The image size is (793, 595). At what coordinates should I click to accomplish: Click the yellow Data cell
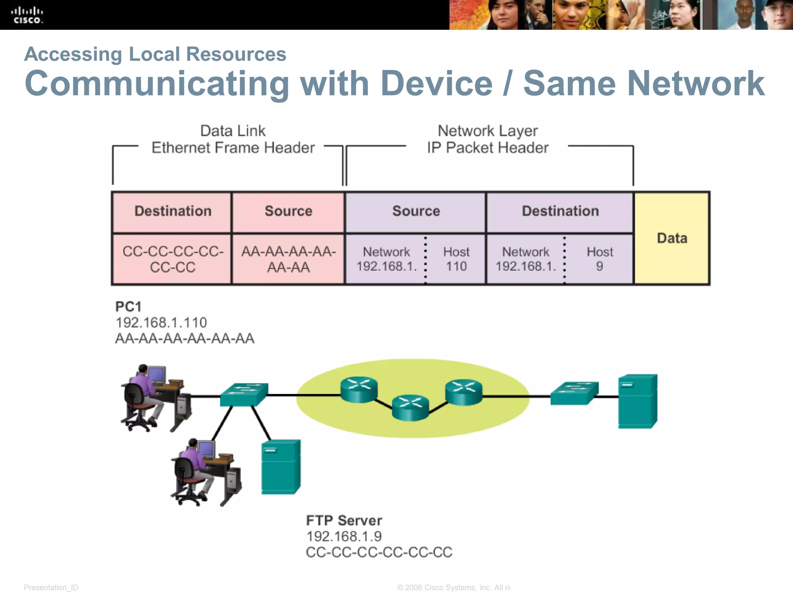[x=672, y=238]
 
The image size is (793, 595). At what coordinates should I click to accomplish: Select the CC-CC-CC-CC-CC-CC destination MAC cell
[x=172, y=259]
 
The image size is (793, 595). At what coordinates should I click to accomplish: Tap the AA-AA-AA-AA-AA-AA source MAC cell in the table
[x=288, y=259]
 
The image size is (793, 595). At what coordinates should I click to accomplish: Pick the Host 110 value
[x=456, y=259]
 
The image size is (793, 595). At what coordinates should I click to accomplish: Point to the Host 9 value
[x=599, y=259]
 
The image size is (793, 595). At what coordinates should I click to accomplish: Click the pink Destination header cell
[x=172, y=212]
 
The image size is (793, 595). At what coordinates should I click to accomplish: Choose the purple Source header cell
[x=416, y=212]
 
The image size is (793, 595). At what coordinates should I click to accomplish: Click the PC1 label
[x=128, y=307]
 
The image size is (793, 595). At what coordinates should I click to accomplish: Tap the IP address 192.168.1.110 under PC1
[x=161, y=323]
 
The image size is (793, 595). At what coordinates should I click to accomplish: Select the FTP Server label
[x=344, y=520]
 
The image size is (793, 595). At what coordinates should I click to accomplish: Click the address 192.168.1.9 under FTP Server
[x=344, y=537]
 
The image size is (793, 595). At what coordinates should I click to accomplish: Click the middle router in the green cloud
[x=410, y=408]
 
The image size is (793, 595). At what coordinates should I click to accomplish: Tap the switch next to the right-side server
[x=574, y=393]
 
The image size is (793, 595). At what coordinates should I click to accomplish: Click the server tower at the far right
[x=637, y=401]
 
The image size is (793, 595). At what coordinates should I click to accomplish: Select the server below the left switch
[x=281, y=467]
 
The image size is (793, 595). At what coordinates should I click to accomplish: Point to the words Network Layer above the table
[x=487, y=131]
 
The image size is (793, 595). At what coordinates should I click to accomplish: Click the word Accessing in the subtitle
[x=73, y=54]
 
